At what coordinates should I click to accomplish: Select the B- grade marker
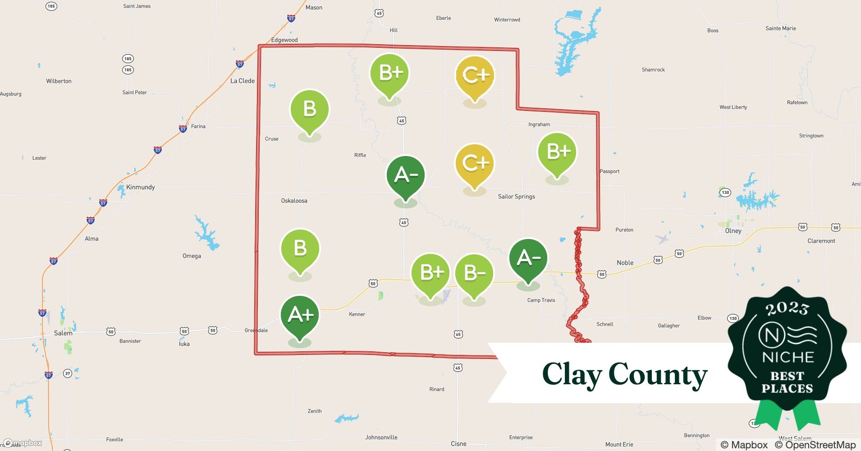[474, 274]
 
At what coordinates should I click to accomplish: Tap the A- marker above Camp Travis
[528, 258]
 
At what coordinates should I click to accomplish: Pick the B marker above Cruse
[310, 110]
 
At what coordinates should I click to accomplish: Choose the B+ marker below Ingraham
[558, 152]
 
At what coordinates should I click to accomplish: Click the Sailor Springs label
[516, 197]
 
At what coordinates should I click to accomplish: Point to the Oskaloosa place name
[294, 201]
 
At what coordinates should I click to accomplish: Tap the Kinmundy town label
[140, 187]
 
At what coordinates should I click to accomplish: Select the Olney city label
[733, 231]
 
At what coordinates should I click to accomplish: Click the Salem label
[63, 333]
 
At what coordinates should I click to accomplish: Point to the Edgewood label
[284, 40]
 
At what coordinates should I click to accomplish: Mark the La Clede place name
[243, 81]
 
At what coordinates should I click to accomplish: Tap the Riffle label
[360, 155]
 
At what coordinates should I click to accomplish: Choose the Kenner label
[357, 314]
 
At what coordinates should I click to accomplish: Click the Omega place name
[192, 256]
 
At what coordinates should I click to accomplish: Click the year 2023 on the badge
[787, 308]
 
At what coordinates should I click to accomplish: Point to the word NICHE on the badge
[788, 357]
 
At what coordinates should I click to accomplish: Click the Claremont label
[821, 241]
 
